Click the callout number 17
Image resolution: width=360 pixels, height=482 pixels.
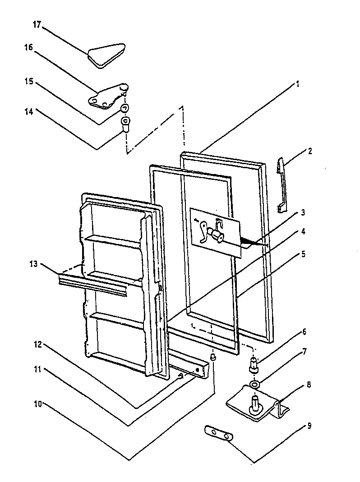(x=36, y=25)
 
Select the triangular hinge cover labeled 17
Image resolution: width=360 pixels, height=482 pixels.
(x=106, y=55)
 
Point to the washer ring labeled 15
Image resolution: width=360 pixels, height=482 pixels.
(x=125, y=109)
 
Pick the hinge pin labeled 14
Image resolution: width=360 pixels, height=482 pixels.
(x=125, y=123)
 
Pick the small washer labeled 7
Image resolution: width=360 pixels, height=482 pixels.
(x=255, y=384)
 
